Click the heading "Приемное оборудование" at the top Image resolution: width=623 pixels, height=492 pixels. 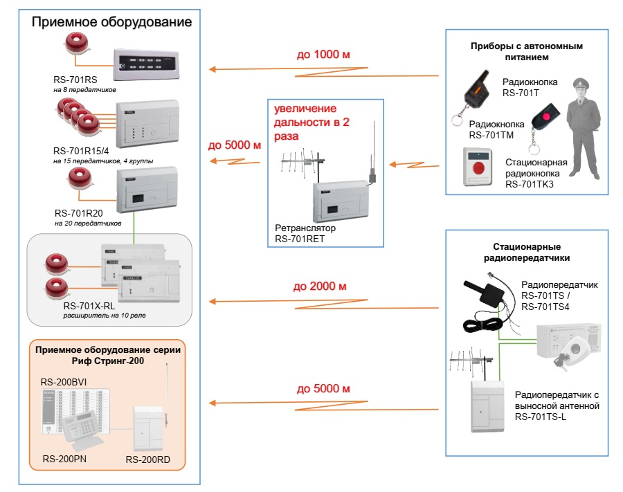111,22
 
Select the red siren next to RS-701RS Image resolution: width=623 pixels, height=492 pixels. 77,44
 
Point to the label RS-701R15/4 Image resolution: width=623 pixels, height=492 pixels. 81,151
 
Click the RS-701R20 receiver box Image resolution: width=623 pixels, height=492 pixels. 147,190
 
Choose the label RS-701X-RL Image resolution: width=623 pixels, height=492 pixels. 89,306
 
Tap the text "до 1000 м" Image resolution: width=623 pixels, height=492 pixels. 323,55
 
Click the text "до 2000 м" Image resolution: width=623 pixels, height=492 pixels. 319,286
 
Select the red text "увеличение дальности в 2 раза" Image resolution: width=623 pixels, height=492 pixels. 311,122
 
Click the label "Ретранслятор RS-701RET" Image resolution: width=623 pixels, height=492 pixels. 305,233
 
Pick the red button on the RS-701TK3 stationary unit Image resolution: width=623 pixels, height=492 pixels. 479,167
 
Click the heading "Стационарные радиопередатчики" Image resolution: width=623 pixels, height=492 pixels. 527,252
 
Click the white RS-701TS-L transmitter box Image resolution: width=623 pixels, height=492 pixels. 487,406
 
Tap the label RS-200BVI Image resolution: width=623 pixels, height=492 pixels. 64,382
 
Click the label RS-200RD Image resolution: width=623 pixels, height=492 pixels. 148,459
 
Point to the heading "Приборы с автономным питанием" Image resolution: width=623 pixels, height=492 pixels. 527,51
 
